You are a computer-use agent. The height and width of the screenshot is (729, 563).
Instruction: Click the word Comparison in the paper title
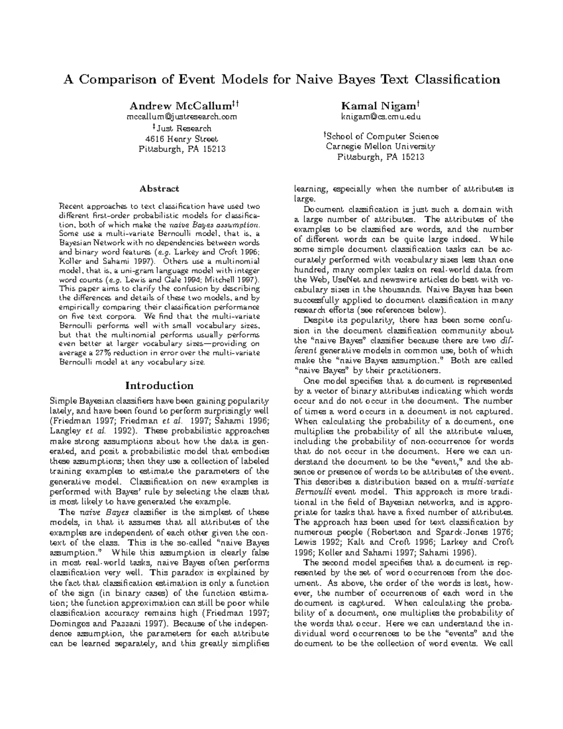(x=117, y=79)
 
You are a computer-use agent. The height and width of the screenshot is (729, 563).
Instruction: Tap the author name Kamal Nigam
(x=380, y=105)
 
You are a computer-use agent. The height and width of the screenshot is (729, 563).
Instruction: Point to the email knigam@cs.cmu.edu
(x=380, y=116)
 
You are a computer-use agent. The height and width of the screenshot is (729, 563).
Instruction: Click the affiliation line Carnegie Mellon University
(x=380, y=146)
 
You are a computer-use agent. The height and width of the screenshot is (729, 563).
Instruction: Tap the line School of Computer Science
(x=381, y=136)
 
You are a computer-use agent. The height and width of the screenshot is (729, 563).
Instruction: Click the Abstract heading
(x=159, y=189)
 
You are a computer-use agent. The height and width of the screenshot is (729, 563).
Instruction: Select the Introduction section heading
(x=159, y=385)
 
